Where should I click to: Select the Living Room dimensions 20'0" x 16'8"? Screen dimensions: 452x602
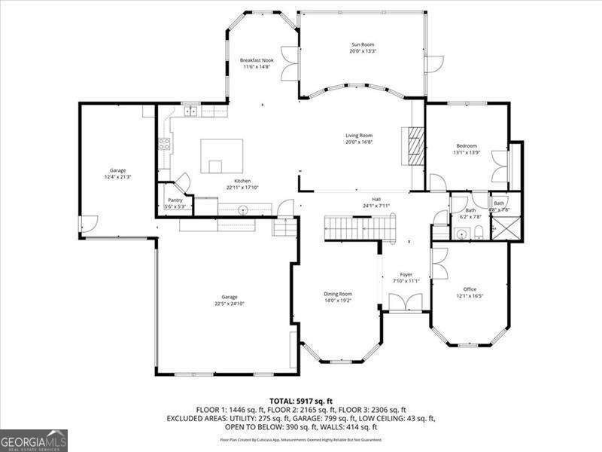(359, 142)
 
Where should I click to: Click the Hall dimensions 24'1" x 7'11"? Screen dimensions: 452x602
(375, 205)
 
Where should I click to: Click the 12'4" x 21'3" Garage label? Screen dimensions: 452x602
(117, 174)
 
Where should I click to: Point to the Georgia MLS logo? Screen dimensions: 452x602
(34, 440)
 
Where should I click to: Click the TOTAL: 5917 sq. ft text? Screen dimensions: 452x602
(301, 401)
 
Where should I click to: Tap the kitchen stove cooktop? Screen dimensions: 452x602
(164, 145)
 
